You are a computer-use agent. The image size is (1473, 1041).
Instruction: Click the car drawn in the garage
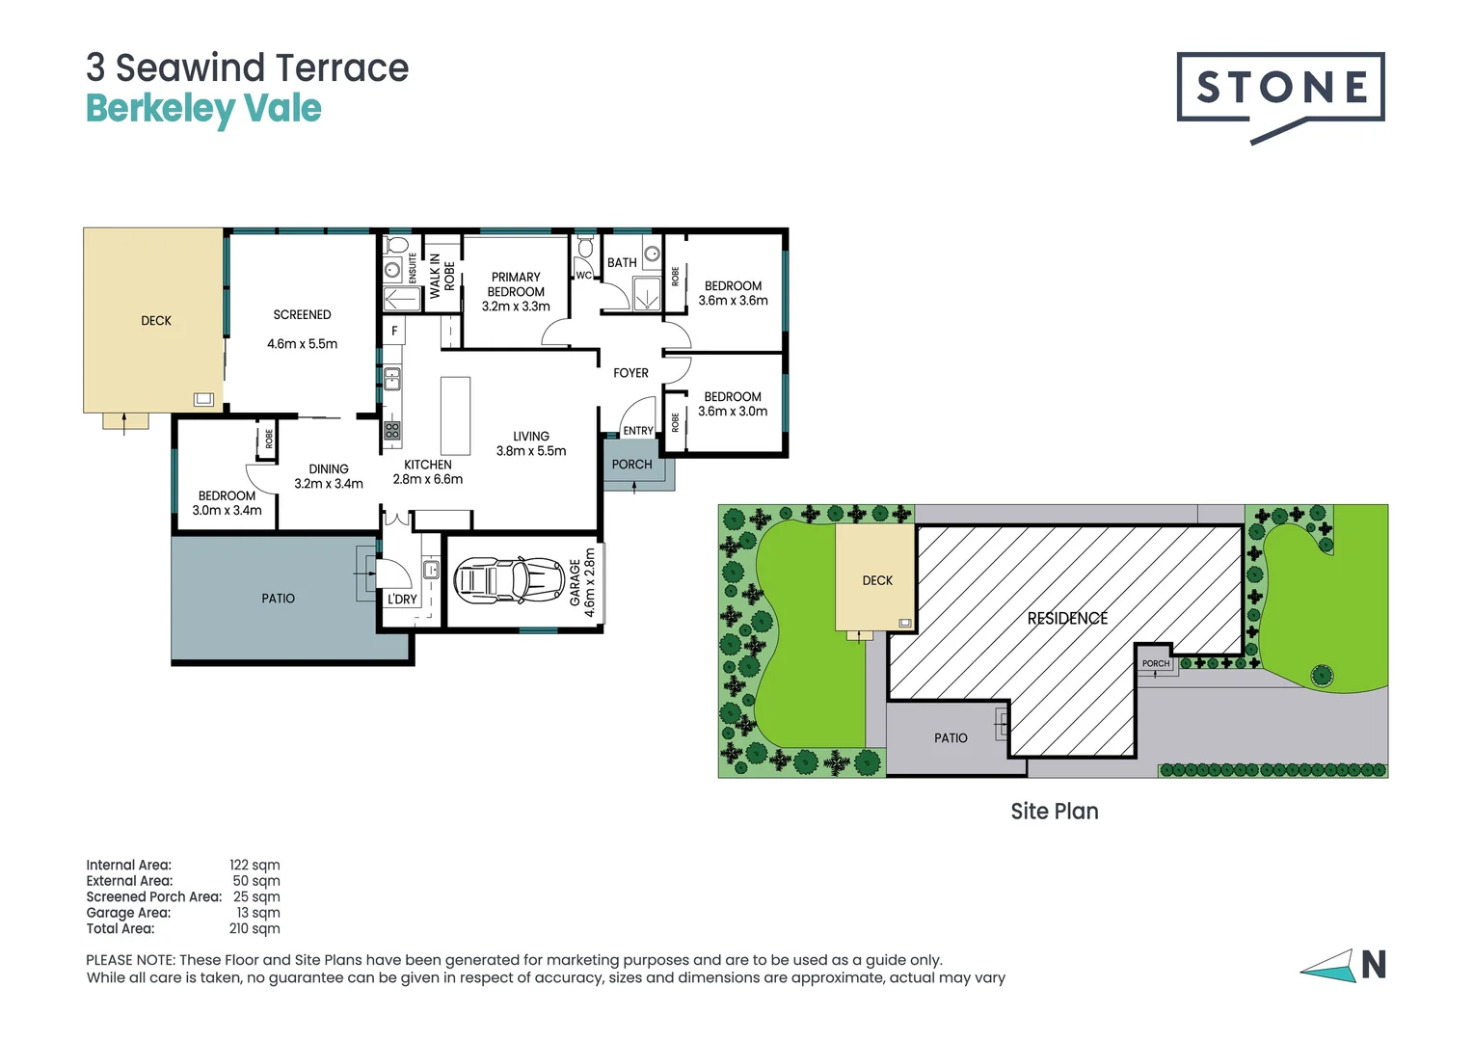pyautogui.click(x=508, y=580)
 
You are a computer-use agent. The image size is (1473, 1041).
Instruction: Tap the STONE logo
pyautogui.click(x=1281, y=88)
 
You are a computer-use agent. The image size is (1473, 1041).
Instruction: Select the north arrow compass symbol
pyautogui.click(x=1343, y=965)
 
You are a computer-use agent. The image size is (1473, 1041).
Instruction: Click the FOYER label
pyautogui.click(x=630, y=373)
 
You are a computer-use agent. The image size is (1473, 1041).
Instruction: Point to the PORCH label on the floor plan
pyautogui.click(x=631, y=465)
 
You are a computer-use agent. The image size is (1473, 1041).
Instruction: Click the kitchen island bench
pyautogui.click(x=455, y=415)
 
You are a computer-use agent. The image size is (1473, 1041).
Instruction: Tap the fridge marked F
pyautogui.click(x=394, y=331)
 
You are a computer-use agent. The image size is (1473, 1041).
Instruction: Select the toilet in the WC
pyautogui.click(x=584, y=248)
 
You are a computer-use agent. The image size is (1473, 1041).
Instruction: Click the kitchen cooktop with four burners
pyautogui.click(x=392, y=430)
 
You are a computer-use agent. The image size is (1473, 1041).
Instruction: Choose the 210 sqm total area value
pyautogui.click(x=254, y=928)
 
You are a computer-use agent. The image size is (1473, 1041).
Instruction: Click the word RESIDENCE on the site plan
pyautogui.click(x=1067, y=618)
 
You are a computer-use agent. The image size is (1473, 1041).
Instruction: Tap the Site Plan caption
pyautogui.click(x=1054, y=812)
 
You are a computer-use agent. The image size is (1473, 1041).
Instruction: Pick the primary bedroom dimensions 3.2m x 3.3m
pyautogui.click(x=516, y=307)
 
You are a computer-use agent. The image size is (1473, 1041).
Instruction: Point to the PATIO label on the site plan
pyautogui.click(x=951, y=737)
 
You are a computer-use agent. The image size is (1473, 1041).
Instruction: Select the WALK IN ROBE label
pyautogui.click(x=442, y=276)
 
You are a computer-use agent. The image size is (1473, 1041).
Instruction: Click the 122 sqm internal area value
pyautogui.click(x=254, y=865)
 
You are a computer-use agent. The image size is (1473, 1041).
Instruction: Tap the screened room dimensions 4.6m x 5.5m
pyautogui.click(x=302, y=344)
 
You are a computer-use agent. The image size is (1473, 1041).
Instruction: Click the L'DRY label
pyautogui.click(x=402, y=600)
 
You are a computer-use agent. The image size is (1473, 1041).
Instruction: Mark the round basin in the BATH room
pyautogui.click(x=653, y=254)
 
